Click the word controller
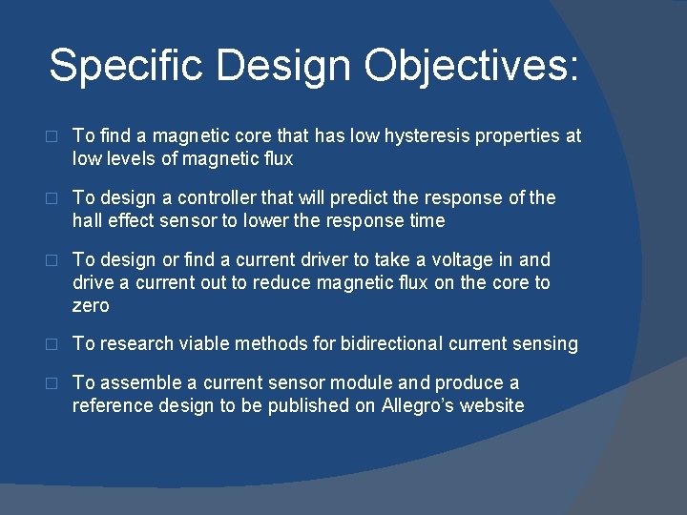[222, 197]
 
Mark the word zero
[91, 305]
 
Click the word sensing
[546, 344]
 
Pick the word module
[362, 382]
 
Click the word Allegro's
[421, 405]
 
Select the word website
[491, 405]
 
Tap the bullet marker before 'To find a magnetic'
[52, 137]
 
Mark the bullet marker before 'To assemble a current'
[52, 383]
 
